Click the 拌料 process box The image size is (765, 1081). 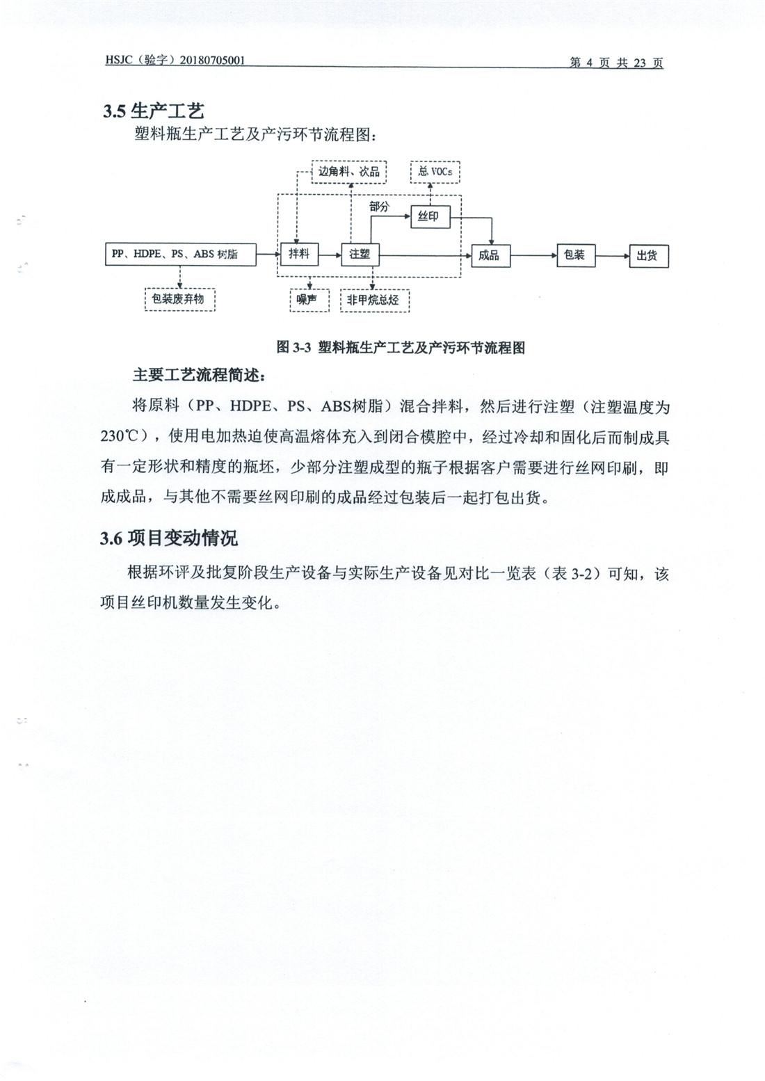click(300, 254)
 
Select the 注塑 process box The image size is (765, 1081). click(360, 255)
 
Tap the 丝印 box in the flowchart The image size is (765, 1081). click(430, 216)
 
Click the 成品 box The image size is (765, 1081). click(490, 255)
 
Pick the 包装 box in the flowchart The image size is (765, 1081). click(576, 255)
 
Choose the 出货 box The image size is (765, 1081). click(649, 256)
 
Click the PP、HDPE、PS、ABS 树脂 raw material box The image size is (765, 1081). click(180, 254)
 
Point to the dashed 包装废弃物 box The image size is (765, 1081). click(180, 299)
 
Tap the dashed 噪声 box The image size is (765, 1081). click(309, 301)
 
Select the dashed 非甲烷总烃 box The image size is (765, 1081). click(375, 301)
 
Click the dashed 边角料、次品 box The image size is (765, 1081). click(348, 172)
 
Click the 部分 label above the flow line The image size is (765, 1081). click(379, 207)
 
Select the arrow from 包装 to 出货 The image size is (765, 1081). click(613, 256)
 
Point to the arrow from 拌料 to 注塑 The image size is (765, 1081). click(330, 255)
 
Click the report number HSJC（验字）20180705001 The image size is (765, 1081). click(175, 61)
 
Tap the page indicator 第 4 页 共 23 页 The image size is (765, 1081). click(616, 63)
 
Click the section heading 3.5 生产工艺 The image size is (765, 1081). click(154, 111)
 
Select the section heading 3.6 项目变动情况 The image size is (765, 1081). click(169, 538)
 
